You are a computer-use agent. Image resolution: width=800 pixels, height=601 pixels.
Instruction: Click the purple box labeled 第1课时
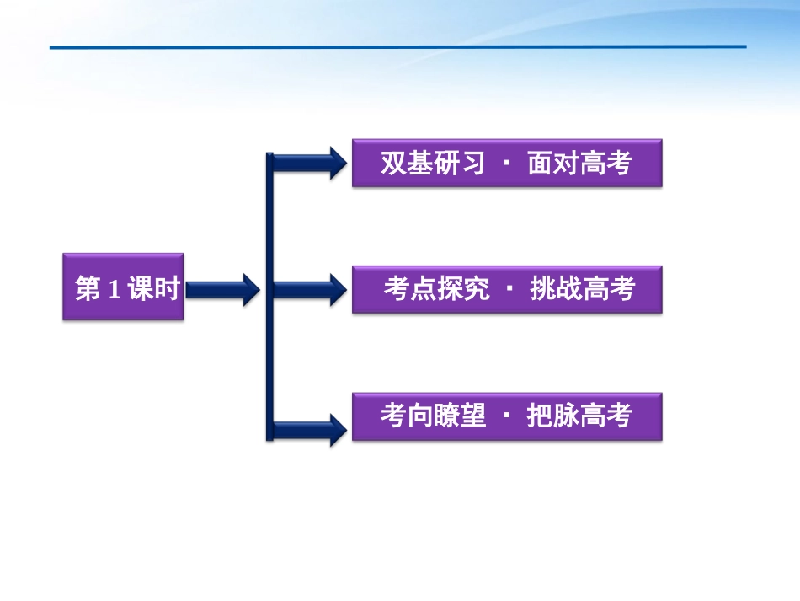123,287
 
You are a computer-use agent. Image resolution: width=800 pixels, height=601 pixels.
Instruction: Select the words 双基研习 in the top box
433,163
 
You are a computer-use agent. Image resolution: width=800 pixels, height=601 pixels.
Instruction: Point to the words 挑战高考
582,289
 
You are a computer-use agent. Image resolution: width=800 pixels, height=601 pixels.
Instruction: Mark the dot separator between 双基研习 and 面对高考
506,163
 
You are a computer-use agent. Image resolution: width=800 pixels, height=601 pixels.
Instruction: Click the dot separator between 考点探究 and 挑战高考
509,289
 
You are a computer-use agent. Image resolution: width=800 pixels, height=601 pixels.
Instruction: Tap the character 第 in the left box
88,289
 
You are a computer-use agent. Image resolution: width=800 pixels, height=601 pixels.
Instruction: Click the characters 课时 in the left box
154,289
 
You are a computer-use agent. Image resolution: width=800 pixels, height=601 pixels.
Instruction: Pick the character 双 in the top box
393,163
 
